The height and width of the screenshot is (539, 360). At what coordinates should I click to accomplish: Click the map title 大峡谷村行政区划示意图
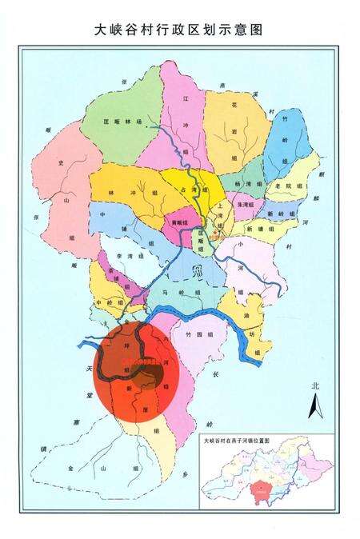(179, 30)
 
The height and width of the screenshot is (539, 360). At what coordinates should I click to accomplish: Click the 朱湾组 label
(244, 205)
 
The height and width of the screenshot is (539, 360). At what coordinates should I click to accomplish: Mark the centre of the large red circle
(133, 369)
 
